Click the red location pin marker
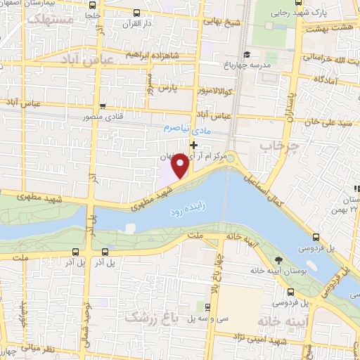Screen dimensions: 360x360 pyautogui.click(x=181, y=166)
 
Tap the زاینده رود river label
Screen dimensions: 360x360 pyautogui.click(x=187, y=208)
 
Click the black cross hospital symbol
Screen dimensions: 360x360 pyautogui.click(x=193, y=144)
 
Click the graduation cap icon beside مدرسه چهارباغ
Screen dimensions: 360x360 pyautogui.click(x=246, y=54)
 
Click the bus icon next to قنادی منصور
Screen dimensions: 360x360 pyautogui.click(x=103, y=107)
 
